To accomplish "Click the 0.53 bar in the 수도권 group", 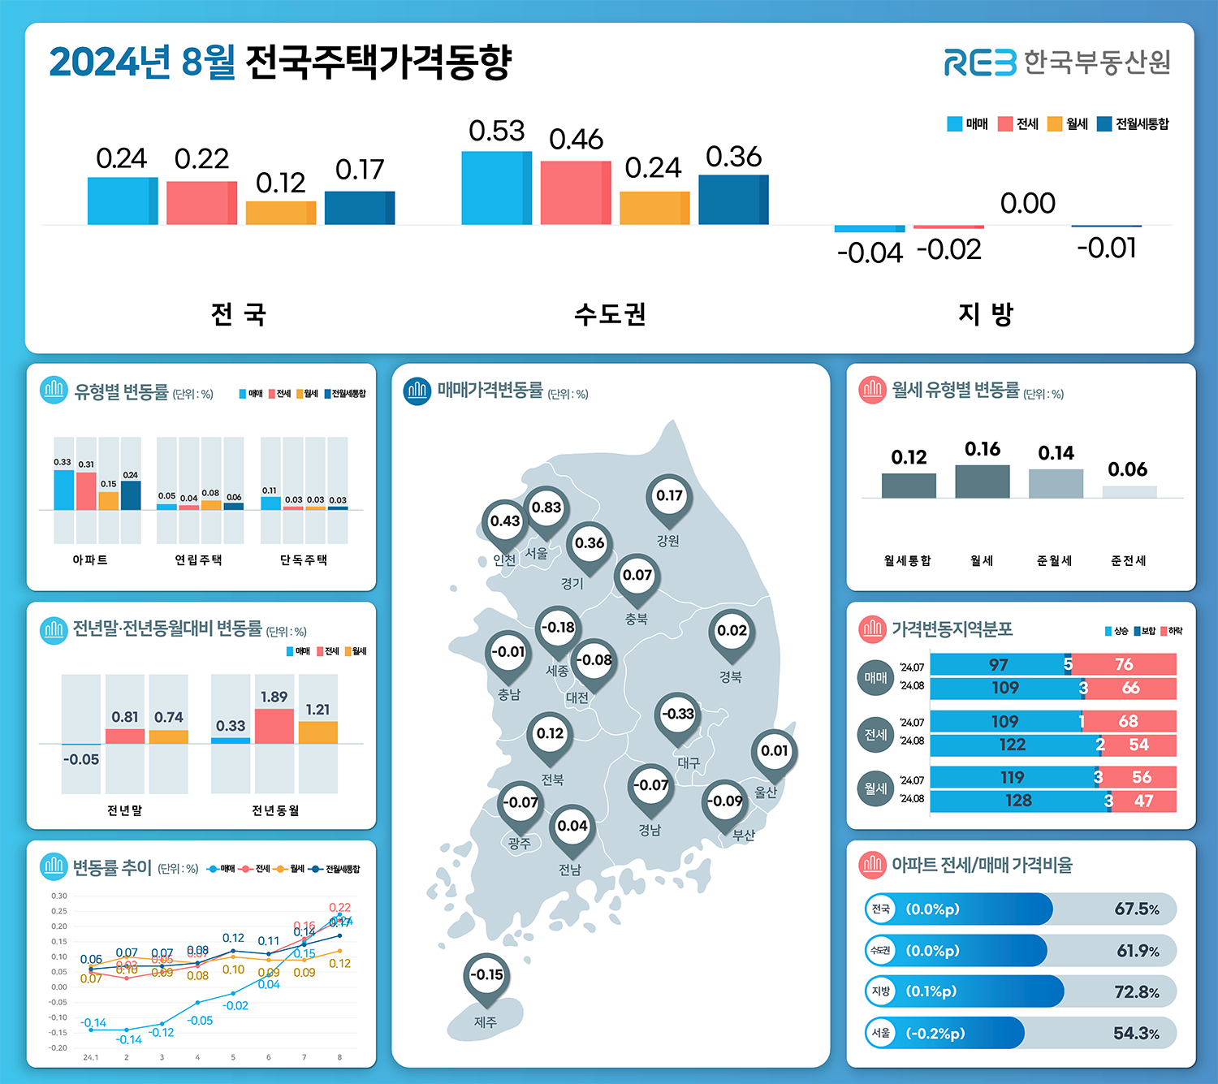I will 496,188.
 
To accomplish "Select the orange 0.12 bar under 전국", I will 280,213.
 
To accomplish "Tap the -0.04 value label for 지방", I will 870,253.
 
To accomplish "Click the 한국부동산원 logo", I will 1056,63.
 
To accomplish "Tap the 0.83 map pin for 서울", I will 546,508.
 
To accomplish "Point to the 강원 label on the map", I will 667,541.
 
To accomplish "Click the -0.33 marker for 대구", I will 677,715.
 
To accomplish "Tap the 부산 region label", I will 743,835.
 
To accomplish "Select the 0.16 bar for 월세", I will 982,482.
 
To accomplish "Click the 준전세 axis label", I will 1128,561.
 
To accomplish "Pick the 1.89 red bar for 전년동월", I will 274,726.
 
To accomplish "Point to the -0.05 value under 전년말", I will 81,760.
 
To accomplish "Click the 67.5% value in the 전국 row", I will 1136,909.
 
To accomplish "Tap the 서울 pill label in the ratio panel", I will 881,1034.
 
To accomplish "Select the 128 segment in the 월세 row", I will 1017,801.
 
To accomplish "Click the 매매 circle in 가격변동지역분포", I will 875,678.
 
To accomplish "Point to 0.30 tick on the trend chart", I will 59,896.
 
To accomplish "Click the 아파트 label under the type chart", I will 90,560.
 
